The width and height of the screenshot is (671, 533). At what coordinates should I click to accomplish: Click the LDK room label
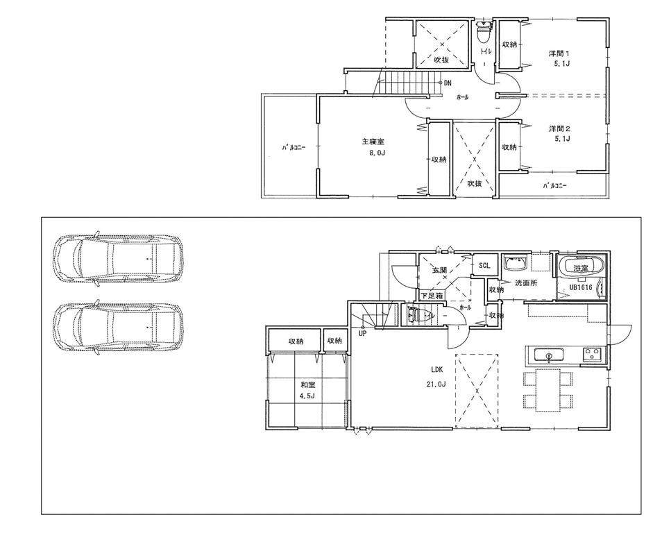point(437,369)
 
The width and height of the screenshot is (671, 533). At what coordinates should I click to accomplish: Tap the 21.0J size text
point(436,384)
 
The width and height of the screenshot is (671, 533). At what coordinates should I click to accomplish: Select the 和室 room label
point(308,385)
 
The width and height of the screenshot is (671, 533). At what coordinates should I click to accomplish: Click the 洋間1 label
point(559,53)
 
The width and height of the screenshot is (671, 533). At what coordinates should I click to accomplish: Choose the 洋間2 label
point(560,128)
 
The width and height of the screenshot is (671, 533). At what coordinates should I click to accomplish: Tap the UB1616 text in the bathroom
point(581,287)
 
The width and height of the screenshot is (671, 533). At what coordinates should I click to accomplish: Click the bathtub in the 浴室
point(581,267)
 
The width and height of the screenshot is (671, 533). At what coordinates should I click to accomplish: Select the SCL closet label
point(484,265)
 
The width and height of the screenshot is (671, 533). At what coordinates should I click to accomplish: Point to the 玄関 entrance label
point(439,270)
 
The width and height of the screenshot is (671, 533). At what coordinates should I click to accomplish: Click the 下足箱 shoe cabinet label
point(432,296)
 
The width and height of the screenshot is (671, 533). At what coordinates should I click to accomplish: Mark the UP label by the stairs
point(362,334)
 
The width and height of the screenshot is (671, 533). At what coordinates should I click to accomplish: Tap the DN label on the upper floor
point(447,83)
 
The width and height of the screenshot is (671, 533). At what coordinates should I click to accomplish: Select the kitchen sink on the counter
point(548,355)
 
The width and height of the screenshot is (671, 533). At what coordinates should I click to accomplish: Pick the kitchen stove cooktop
point(591,355)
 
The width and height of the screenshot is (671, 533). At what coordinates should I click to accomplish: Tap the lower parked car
point(119,327)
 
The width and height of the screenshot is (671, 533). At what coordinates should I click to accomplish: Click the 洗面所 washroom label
point(527,282)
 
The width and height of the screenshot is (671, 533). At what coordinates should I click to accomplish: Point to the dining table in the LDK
point(548,389)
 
